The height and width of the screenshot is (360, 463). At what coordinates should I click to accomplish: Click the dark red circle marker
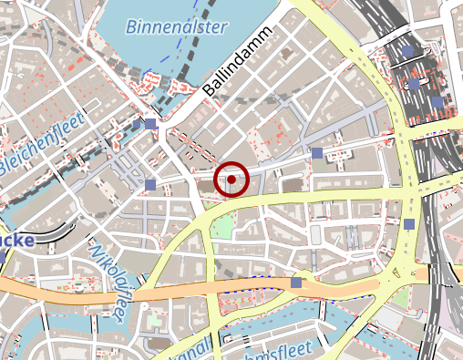point(231,180)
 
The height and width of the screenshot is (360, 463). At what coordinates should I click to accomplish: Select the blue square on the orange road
point(295,283)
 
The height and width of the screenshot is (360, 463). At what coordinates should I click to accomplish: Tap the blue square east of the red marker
point(317,153)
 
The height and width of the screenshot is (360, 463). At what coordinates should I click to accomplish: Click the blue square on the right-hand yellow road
point(409,224)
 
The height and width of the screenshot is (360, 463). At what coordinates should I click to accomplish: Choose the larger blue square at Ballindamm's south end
point(149,123)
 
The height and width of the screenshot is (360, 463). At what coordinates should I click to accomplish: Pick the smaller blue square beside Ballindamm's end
point(138,124)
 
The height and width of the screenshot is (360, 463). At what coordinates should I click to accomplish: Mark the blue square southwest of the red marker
point(150,186)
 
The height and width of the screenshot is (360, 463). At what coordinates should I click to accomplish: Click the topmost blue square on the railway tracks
point(409,51)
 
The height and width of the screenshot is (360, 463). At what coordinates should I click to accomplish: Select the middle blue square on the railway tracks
point(414,84)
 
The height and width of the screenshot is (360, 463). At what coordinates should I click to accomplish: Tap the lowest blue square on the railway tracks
point(437,101)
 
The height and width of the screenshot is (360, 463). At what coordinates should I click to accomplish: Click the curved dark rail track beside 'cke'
point(55,228)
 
